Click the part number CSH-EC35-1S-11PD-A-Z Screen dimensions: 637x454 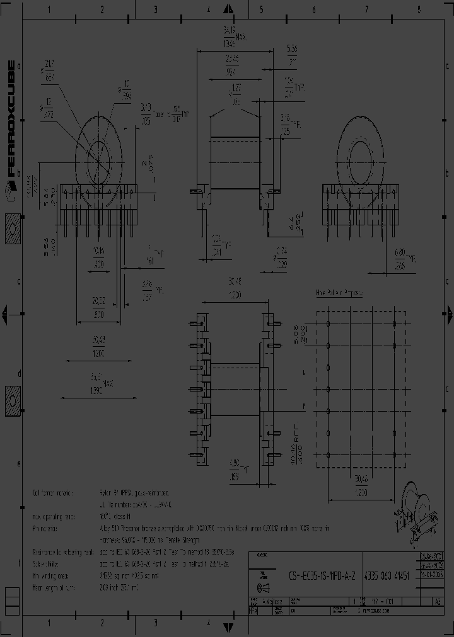tap(322, 575)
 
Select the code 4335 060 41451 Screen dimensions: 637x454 tap(388, 575)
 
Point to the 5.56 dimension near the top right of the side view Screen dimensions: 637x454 tap(292, 55)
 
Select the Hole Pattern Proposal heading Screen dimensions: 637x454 tap(343, 293)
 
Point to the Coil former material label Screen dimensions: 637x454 tap(54, 493)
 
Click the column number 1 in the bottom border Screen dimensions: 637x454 tap(49, 623)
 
